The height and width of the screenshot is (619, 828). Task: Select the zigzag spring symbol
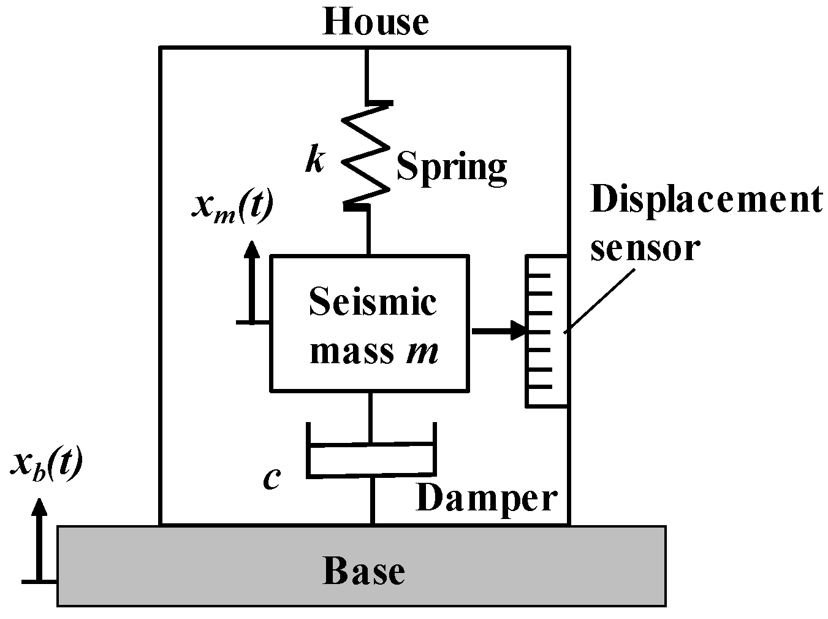[366, 153]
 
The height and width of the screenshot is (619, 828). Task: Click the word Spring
[452, 167]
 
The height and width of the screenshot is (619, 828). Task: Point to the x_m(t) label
[232, 209]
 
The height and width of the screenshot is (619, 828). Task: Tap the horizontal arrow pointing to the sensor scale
[499, 331]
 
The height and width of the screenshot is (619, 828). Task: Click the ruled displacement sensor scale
[545, 331]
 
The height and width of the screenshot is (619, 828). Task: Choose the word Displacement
[705, 200]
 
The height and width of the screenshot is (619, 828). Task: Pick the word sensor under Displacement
[644, 247]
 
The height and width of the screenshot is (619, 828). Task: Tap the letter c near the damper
[272, 479]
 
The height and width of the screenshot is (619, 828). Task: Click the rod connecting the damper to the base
[372, 500]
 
